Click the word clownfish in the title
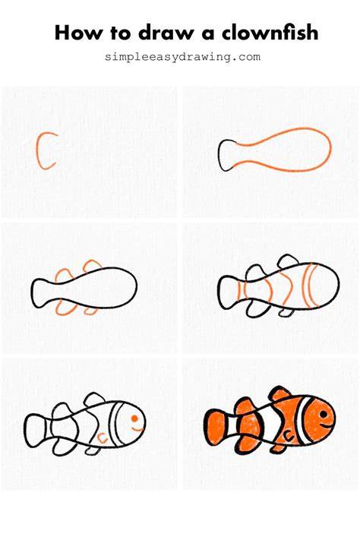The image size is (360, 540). (x=270, y=33)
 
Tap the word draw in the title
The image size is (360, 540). (x=166, y=33)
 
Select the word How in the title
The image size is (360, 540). (x=78, y=33)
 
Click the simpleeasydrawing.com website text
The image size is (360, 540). (x=182, y=56)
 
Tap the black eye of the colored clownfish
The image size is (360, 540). (x=324, y=414)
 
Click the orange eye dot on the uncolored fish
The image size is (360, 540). (x=134, y=418)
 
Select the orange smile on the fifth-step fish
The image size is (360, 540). (x=137, y=430)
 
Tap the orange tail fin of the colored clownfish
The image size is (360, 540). (x=216, y=427)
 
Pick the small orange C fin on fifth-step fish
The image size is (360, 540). (x=103, y=437)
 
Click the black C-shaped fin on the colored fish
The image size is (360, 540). (x=289, y=437)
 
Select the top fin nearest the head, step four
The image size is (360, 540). (x=288, y=261)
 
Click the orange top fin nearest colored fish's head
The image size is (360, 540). (x=279, y=393)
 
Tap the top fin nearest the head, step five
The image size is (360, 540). (x=94, y=399)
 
